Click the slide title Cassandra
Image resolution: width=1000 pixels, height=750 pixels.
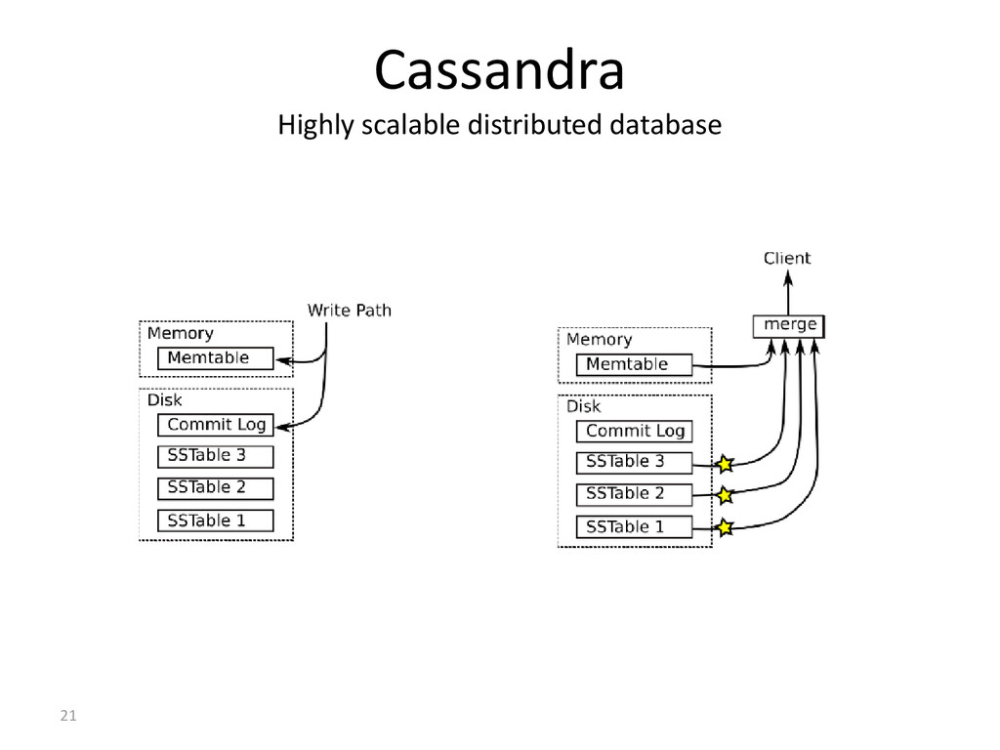click(x=499, y=70)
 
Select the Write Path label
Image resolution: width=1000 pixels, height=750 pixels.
click(x=350, y=311)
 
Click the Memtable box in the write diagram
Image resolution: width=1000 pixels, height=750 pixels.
click(x=216, y=358)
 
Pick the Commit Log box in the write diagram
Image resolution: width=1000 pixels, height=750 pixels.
click(x=216, y=425)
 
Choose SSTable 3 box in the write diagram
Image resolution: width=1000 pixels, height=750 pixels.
click(x=216, y=457)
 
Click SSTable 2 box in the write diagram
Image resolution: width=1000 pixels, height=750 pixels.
click(x=216, y=488)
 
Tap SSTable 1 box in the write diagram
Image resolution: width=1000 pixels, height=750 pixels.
click(x=216, y=521)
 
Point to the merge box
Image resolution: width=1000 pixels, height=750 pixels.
click(x=789, y=326)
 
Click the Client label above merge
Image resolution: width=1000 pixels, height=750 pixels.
click(x=787, y=258)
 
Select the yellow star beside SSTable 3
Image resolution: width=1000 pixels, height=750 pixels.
click(x=725, y=464)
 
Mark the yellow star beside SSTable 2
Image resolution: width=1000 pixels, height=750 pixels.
click(x=725, y=495)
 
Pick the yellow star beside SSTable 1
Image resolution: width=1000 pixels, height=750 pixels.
click(x=725, y=527)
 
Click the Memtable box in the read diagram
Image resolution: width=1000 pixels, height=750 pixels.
click(x=634, y=365)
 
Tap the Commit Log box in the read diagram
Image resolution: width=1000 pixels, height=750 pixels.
click(x=634, y=431)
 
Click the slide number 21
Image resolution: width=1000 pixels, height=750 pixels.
click(x=68, y=716)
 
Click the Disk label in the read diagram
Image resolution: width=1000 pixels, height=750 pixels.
click(x=584, y=406)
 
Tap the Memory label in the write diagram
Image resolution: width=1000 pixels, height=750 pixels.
click(x=181, y=334)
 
